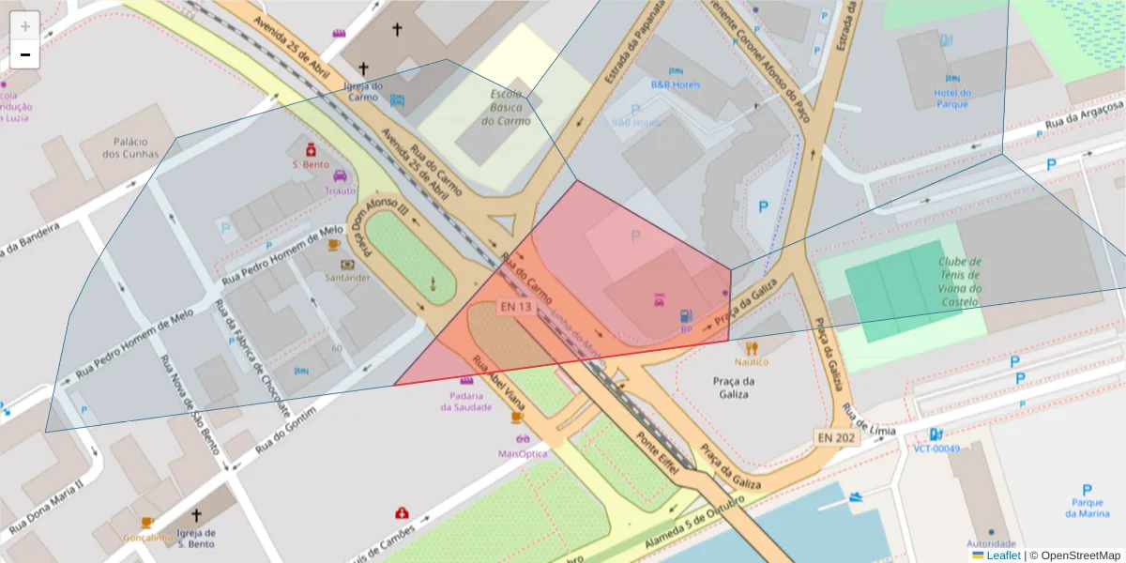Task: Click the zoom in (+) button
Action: click(24, 25)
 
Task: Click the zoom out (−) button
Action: click(24, 54)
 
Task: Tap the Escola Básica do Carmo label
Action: click(507, 107)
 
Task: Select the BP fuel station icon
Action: click(686, 316)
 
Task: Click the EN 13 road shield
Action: click(515, 307)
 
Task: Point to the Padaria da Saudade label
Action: click(465, 402)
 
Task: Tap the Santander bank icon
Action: click(347, 265)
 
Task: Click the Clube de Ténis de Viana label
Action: click(960, 281)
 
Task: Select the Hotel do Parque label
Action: click(951, 98)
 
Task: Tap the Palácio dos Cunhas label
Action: click(130, 147)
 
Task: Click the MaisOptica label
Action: click(522, 453)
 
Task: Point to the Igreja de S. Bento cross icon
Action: click(196, 515)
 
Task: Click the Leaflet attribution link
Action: click(1003, 555)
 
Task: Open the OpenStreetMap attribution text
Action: click(1074, 555)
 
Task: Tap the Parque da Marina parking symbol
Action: click(1087, 490)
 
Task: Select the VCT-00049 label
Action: click(936, 449)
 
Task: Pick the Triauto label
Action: click(341, 190)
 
